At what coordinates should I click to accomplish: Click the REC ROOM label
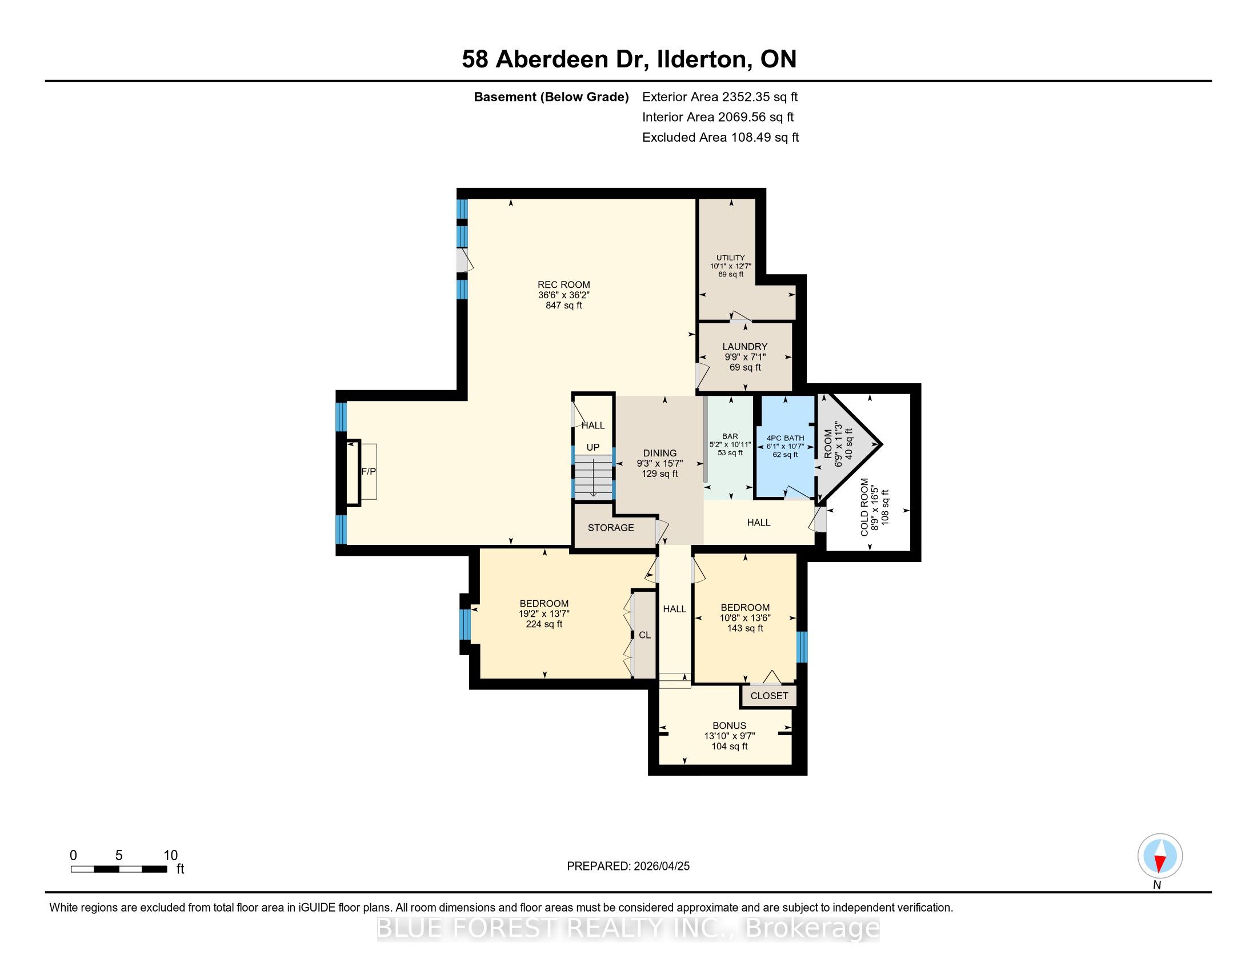click(563, 285)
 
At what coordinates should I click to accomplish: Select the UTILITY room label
click(730, 258)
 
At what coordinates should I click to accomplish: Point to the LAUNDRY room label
click(744, 346)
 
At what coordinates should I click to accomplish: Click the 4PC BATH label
click(785, 438)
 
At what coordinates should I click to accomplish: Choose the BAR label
click(730, 436)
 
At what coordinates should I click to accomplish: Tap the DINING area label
click(659, 454)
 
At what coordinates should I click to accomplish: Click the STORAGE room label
click(611, 528)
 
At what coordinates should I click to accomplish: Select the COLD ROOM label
click(864, 507)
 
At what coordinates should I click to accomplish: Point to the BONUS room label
click(729, 725)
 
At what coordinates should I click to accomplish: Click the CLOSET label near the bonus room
click(769, 696)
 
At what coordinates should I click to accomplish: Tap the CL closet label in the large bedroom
click(644, 635)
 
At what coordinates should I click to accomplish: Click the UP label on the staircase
click(593, 447)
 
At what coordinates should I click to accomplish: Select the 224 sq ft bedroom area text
click(544, 624)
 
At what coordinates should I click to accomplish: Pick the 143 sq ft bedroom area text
click(744, 628)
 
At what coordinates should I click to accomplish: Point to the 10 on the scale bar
click(170, 855)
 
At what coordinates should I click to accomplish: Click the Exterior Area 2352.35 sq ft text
click(720, 97)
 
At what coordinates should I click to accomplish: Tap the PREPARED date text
click(628, 866)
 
